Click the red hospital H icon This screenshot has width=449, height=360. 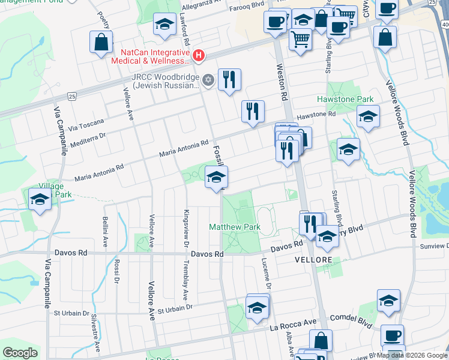pos(199,56)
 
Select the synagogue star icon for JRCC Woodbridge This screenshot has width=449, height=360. pos(208,80)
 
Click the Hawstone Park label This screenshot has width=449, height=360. pos(345,99)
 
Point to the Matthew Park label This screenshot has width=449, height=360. pos(235,227)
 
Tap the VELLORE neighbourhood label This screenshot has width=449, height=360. pos(313,259)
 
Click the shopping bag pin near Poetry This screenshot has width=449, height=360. pos(101,42)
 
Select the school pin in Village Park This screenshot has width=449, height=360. pos(40,200)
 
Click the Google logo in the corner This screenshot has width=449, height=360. pos(20,352)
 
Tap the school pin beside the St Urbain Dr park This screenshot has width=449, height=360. pos(257,307)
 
